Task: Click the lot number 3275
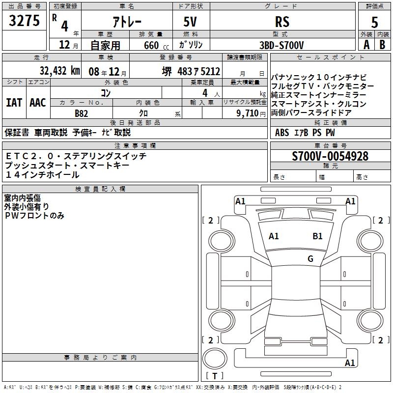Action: click(25, 22)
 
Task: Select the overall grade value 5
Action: click(374, 22)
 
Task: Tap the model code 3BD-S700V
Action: click(281, 45)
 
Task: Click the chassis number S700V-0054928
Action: click(330, 156)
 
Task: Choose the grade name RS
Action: click(282, 22)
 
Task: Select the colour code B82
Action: click(81, 113)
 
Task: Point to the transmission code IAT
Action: click(14, 102)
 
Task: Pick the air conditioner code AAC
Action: click(37, 102)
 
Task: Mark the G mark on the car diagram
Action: click(310, 258)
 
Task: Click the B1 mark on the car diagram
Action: click(317, 236)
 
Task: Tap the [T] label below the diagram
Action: click(217, 376)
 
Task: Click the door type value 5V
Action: click(191, 22)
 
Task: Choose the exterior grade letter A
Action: click(366, 45)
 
